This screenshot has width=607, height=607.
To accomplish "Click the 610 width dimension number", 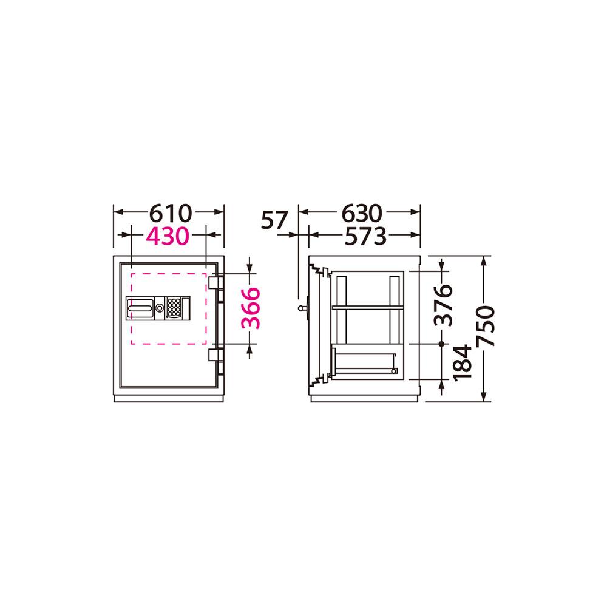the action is (x=171, y=213).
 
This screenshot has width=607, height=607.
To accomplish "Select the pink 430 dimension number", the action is (x=168, y=236).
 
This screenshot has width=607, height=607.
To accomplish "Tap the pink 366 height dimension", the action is (x=251, y=308).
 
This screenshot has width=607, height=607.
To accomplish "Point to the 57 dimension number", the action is (x=274, y=220).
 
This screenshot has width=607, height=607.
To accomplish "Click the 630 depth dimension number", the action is (x=362, y=213).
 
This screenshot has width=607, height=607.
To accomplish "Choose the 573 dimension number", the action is (x=365, y=236).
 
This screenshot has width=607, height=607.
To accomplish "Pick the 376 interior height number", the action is (x=443, y=305).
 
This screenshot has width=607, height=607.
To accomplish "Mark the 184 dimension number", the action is (x=462, y=363).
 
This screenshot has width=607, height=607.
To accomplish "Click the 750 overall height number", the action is (x=486, y=326).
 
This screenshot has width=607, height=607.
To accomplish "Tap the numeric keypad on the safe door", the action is (x=173, y=308).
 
